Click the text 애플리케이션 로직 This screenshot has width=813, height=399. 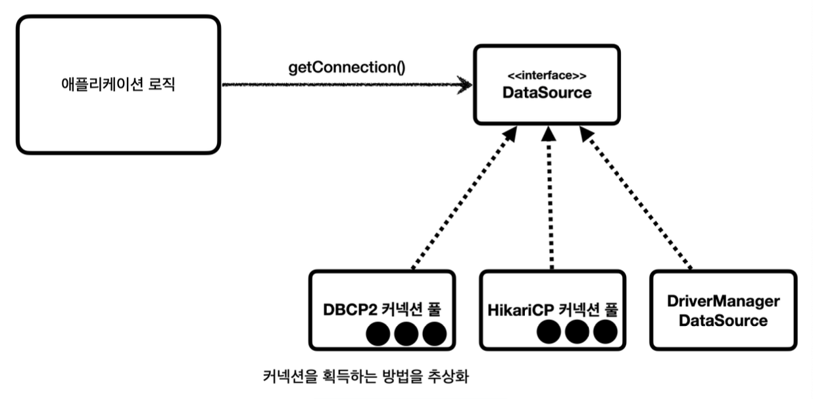click(118, 85)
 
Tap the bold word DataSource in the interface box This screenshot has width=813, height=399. click(547, 93)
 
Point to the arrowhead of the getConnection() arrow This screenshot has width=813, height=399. click(466, 85)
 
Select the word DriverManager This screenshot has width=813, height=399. click(723, 301)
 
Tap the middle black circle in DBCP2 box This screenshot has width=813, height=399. click(407, 334)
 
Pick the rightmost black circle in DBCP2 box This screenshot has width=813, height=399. click(435, 334)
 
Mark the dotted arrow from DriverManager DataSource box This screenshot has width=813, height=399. click(636, 201)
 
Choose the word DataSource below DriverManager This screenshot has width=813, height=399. click(723, 321)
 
